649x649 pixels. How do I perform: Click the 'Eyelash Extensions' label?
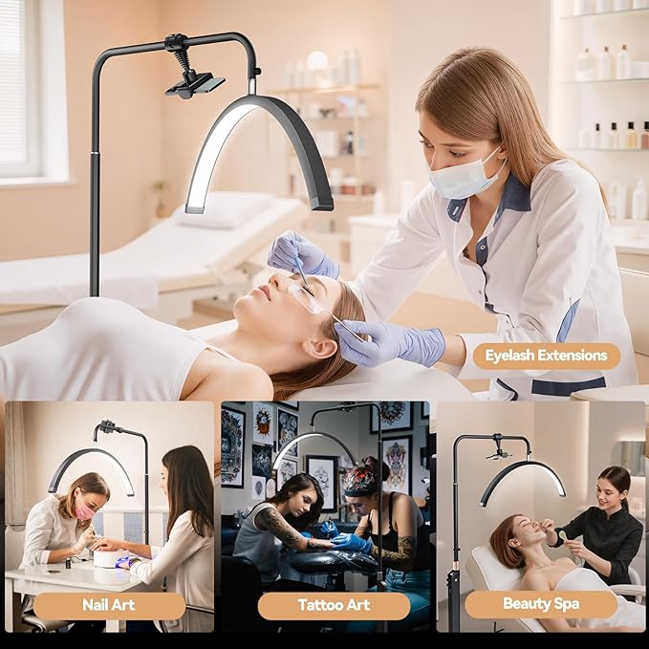(x=547, y=356)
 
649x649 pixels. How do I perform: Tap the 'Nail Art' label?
(x=109, y=605)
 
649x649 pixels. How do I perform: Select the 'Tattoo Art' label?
(x=334, y=605)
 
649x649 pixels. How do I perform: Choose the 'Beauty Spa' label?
(x=541, y=604)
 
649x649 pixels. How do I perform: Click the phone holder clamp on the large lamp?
(x=195, y=84)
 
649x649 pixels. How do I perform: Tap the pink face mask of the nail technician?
(x=85, y=511)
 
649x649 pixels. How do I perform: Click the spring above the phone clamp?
(x=184, y=59)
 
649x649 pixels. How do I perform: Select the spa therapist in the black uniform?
(x=600, y=534)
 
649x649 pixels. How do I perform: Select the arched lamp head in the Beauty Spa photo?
(x=521, y=479)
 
